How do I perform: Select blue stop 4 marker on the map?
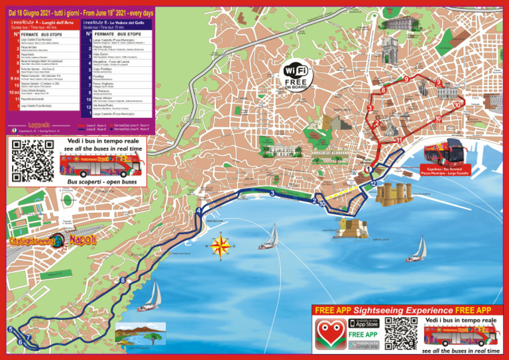click(199, 211)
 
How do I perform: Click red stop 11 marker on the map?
click(398, 140)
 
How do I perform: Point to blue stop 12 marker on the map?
click(374, 184)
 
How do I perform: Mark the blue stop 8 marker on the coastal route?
click(123, 280)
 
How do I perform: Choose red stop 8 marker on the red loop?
click(383, 90)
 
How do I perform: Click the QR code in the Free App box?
click(400, 333)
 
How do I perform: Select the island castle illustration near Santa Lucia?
click(353, 228)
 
